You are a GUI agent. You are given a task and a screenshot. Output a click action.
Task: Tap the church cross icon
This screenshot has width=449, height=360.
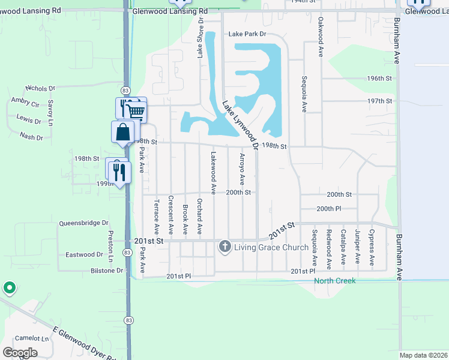pyautogui.click(x=225, y=246)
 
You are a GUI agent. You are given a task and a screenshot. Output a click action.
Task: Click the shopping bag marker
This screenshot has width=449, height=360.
pyautogui.click(x=123, y=131)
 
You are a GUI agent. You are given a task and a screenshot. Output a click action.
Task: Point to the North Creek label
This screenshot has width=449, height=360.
pyautogui.click(x=336, y=281)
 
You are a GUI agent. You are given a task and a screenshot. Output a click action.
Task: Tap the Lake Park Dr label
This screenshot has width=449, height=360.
pyautogui.click(x=247, y=35)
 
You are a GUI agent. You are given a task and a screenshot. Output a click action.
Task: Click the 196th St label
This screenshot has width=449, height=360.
pyautogui.click(x=379, y=79)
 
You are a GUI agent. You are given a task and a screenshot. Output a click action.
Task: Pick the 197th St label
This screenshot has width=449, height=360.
pyautogui.click(x=379, y=101)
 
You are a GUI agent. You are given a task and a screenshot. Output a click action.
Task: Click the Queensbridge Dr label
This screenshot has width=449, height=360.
pyautogui.click(x=83, y=223)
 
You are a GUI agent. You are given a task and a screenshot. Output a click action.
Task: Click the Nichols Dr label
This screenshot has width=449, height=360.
pyautogui.click(x=40, y=88)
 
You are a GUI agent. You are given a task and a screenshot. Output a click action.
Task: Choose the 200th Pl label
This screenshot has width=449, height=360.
pyautogui.click(x=329, y=208)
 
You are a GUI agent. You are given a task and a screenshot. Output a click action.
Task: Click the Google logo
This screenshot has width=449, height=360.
pyautogui.click(x=20, y=353)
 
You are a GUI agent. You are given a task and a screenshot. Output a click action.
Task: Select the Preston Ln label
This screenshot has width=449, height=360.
pyautogui.click(x=110, y=248)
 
